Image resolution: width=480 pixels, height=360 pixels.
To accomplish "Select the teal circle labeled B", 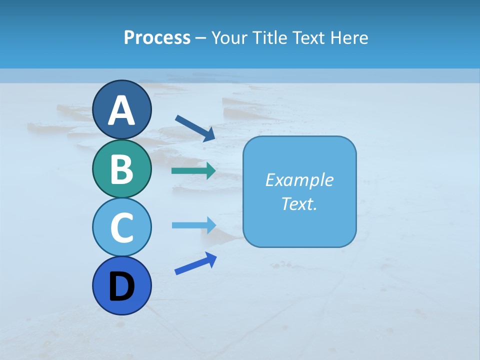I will point(122,168).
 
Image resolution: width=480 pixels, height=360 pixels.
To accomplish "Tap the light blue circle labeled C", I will point(122,227).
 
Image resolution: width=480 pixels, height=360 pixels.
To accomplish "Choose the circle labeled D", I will point(122,285).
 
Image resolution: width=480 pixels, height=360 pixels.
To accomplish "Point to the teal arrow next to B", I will point(193,171).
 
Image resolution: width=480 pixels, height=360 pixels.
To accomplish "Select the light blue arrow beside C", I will point(194,225).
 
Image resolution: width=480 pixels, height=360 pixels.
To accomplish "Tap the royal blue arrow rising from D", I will point(195,263).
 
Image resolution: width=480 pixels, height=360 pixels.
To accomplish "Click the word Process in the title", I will point(157,37).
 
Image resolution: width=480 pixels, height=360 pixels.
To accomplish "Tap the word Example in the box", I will point(299,180).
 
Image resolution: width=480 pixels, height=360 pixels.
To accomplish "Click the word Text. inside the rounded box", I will point(299,203).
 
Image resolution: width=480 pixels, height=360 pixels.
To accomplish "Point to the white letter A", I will point(122,110).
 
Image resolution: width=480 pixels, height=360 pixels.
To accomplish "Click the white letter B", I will point(122,169).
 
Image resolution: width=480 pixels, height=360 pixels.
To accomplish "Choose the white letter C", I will point(122,227).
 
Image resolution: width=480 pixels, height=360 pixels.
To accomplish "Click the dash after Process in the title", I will point(201,38).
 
